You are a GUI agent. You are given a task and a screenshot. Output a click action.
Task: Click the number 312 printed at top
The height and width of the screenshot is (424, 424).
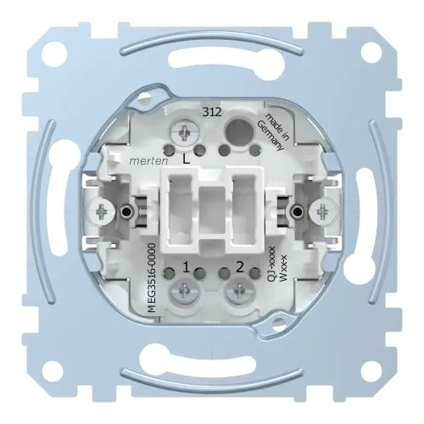pyautogui.click(x=212, y=113)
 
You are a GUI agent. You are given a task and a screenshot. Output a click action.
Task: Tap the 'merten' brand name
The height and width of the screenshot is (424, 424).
pyautogui.click(x=148, y=161)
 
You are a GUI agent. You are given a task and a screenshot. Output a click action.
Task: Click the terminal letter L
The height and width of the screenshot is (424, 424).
pyautogui.click(x=186, y=160)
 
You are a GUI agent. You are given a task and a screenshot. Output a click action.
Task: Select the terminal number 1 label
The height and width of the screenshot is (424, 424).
pyautogui.click(x=186, y=267)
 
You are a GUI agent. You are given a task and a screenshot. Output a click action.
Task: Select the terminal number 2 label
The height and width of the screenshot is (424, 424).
pyautogui.click(x=240, y=267)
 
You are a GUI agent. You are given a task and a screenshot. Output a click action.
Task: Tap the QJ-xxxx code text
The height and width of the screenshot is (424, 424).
pyautogui.click(x=271, y=264)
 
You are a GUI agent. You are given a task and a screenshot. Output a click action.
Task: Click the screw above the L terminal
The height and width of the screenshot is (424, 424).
pyautogui.click(x=185, y=131)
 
